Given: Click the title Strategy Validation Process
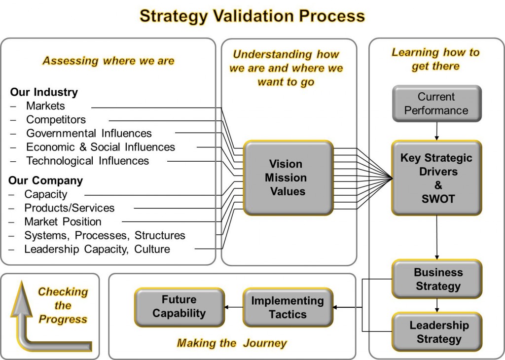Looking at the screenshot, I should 252,16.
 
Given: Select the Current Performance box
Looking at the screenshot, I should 436,104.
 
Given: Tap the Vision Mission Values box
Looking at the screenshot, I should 288,178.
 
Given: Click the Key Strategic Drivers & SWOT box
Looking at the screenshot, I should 436,178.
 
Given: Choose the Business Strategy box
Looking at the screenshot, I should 437,279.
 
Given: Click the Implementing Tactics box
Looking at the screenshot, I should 288,308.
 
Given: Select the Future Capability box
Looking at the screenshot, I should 179,307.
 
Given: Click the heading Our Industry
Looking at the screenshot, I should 44,92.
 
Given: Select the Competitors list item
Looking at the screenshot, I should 56,120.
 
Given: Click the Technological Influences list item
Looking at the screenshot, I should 87,161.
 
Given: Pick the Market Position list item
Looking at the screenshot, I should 63,222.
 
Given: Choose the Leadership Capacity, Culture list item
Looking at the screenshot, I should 97,250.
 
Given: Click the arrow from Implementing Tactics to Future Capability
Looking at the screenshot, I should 233,307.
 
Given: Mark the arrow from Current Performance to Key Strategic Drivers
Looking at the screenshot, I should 436,131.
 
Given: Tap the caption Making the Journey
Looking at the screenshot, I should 232,343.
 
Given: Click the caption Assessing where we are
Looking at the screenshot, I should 108,61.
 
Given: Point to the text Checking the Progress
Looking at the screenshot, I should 63,306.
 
